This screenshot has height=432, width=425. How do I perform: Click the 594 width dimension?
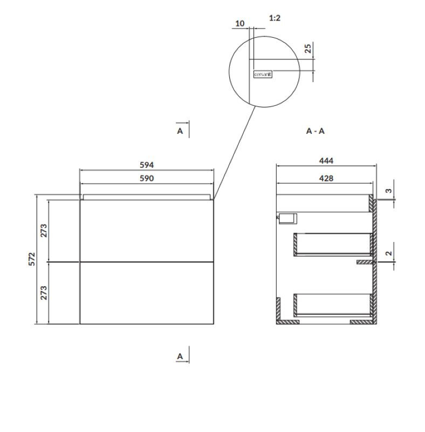[147, 165]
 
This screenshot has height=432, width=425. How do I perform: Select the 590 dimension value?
[147, 179]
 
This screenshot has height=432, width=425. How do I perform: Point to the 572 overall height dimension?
[32, 259]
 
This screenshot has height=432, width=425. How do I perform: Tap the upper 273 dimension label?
[44, 231]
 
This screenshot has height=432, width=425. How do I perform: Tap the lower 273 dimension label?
[44, 293]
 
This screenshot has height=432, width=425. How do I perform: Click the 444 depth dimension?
[326, 160]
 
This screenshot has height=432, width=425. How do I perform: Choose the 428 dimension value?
[326, 179]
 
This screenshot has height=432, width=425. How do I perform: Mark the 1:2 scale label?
[275, 18]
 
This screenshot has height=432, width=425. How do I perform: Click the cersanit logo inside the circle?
[263, 74]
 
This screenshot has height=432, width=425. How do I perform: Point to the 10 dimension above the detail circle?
[240, 23]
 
